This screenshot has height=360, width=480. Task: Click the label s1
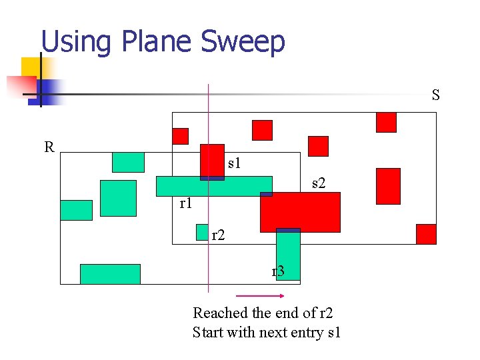[234, 163]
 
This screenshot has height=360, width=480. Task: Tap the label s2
[319, 183]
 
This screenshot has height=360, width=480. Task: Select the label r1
[186, 203]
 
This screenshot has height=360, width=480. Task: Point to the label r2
[218, 235]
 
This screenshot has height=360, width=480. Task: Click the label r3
[278, 271]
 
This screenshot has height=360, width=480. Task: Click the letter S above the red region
[435, 95]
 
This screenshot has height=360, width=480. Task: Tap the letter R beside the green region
[49, 147]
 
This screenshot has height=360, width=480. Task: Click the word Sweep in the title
[243, 41]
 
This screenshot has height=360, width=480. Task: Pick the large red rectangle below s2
[300, 212]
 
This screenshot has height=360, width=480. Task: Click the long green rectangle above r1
[214, 186]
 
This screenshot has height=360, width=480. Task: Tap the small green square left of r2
[202, 232]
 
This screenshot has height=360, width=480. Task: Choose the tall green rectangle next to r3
[288, 255]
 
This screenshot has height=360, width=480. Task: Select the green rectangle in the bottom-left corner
[110, 274]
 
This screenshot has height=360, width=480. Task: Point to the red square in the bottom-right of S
[426, 234]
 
